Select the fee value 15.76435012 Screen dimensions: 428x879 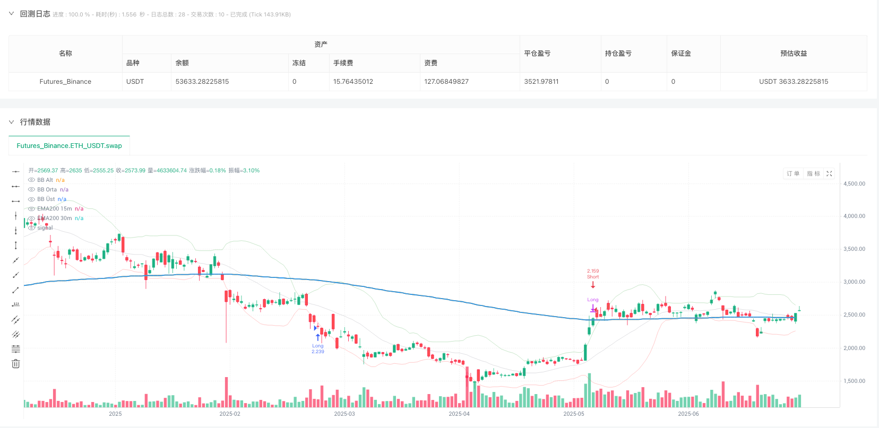tap(353, 82)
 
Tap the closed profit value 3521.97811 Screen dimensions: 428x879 tap(541, 82)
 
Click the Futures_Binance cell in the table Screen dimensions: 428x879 tap(65, 82)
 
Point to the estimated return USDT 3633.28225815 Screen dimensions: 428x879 tap(794, 82)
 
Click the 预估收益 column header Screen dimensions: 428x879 tap(794, 54)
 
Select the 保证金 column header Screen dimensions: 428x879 tap(681, 54)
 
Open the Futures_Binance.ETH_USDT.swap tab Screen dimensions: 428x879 tap(69, 146)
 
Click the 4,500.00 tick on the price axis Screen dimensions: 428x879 tap(854, 184)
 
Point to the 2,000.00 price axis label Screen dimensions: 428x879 tap(854, 348)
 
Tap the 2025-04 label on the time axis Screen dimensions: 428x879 tap(459, 414)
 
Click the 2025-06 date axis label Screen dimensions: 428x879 tap(688, 414)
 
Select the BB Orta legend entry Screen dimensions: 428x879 tap(47, 189)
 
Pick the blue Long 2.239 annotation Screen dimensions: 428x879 tap(317, 348)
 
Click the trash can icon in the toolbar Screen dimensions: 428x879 tap(16, 364)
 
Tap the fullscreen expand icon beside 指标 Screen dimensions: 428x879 tap(829, 173)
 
